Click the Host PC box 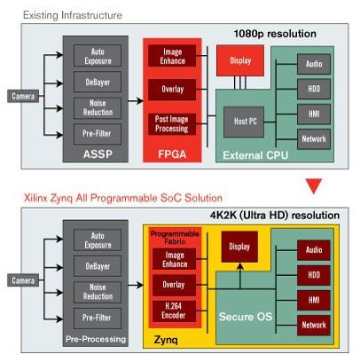point(244,122)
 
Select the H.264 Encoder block point(174,311)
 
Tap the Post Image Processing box point(172,124)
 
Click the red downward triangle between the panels point(314,185)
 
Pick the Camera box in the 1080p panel point(23,96)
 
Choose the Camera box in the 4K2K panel point(23,280)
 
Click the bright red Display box point(240,60)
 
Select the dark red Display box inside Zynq point(239,247)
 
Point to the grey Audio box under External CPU point(314,64)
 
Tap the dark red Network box point(314,325)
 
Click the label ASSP point(98,154)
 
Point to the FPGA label point(172,154)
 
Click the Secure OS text point(246,317)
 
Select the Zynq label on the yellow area point(166,340)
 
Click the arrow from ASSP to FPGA point(136,101)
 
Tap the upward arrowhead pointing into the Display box point(240,266)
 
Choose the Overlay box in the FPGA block point(172,90)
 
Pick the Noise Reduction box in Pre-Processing point(98,292)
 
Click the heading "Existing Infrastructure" point(73,15)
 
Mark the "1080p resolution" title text point(275,34)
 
